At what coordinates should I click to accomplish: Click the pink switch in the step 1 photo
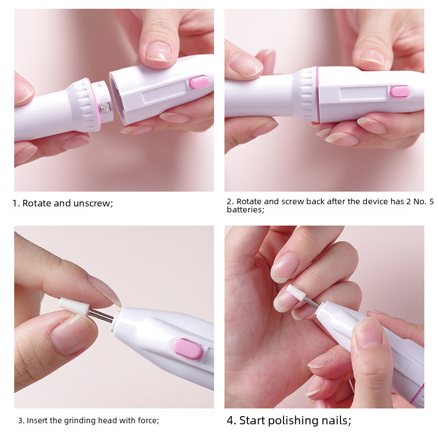pos(199,82)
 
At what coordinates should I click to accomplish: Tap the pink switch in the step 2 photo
pos(400,91)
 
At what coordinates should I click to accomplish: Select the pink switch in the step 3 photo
pos(188,349)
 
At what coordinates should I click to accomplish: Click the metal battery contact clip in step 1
pos(105,107)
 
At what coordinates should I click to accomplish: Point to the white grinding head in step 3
pos(74,307)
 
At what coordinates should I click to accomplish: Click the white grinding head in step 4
pos(295,292)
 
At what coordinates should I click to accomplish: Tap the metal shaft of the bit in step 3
pos(101,316)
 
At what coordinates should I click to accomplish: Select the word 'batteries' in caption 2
pos(244,210)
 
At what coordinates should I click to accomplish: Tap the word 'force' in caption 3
pos(148,420)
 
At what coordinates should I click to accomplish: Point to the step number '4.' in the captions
pos(231,420)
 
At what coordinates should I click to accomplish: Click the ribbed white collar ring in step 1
pos(83,105)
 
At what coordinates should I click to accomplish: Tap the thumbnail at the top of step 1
pos(158,51)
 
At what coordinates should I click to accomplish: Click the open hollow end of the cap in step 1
pos(117,98)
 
